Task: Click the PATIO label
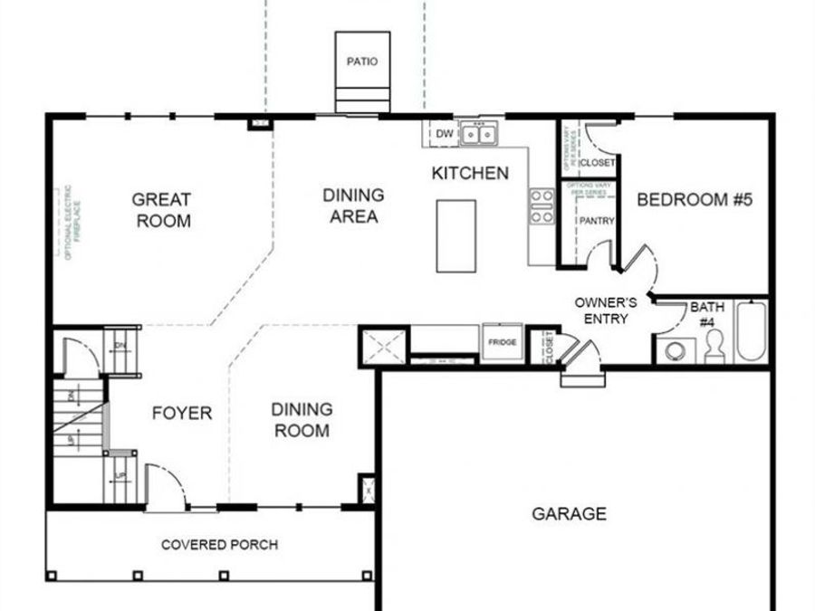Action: (362, 62)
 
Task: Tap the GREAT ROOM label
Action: (162, 210)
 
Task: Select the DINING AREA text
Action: (353, 205)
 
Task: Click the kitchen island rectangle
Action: (455, 235)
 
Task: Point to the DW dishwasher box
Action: (444, 135)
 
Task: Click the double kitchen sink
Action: (478, 135)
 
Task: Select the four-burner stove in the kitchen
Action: (542, 206)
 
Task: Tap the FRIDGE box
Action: (502, 342)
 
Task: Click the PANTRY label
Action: (596, 221)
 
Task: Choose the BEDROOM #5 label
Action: (695, 200)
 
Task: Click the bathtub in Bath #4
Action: (752, 331)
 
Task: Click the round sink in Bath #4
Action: (675, 351)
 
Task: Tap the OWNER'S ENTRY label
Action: (606, 310)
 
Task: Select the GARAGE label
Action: (569, 514)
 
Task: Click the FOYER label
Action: (181, 414)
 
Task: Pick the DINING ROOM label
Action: (302, 420)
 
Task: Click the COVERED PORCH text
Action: (219, 545)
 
